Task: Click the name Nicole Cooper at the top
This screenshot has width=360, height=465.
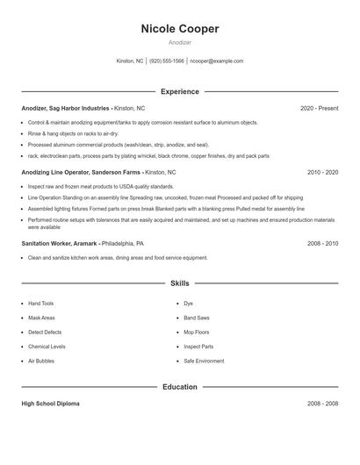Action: click(180, 29)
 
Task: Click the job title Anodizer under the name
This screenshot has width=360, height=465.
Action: click(180, 42)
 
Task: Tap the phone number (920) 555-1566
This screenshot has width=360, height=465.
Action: click(167, 61)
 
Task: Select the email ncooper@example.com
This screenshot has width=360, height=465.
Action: click(216, 61)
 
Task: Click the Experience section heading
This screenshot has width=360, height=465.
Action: click(180, 91)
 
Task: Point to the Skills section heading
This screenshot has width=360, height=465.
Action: click(180, 283)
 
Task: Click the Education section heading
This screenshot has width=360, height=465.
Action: click(180, 387)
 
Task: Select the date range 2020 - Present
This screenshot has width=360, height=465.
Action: click(319, 108)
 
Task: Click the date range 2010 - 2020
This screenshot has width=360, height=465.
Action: click(322, 173)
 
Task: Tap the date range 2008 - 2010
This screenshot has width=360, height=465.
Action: click(322, 242)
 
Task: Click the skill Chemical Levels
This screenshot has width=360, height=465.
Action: click(47, 347)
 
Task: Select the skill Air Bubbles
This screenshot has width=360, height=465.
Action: click(41, 361)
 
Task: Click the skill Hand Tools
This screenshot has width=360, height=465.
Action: click(41, 304)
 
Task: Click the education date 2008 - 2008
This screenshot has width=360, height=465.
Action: click(322, 404)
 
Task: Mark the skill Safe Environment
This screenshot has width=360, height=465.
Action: click(204, 361)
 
